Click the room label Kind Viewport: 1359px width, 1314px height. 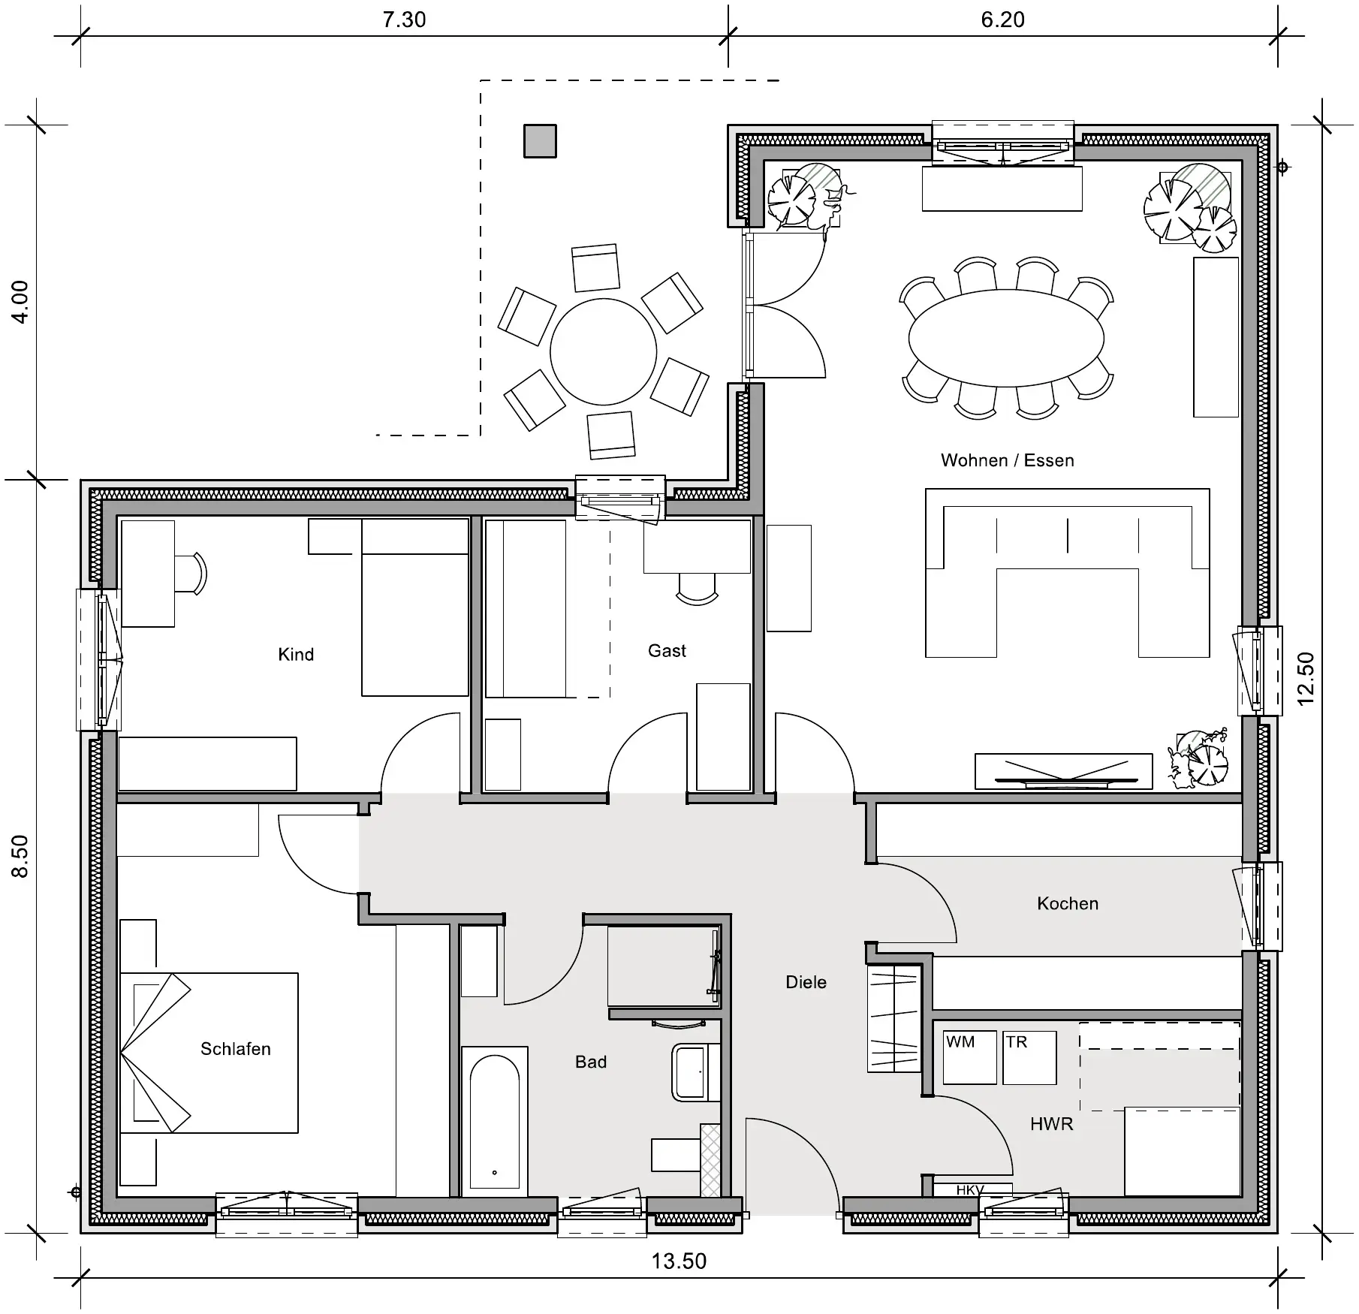pyautogui.click(x=296, y=654)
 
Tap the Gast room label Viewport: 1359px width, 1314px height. pyautogui.click(x=667, y=650)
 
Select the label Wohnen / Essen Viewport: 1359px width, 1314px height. pyautogui.click(x=1008, y=460)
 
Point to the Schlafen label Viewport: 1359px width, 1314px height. pyautogui.click(x=235, y=1048)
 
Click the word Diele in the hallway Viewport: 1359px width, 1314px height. pyautogui.click(x=806, y=981)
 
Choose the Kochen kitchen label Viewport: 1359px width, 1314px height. pyautogui.click(x=1068, y=903)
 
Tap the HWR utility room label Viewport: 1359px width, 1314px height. pyautogui.click(x=1051, y=1124)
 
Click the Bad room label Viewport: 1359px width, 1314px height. pyautogui.click(x=591, y=1062)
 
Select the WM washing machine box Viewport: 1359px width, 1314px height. pyautogui.click(x=970, y=1057)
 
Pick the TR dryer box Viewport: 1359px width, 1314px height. pyautogui.click(x=1029, y=1057)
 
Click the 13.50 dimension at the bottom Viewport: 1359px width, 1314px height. pyautogui.click(x=679, y=1261)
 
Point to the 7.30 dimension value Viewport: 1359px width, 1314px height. pyautogui.click(x=404, y=20)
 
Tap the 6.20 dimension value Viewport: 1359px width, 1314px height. pyautogui.click(x=1002, y=20)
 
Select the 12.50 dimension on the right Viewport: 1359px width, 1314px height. pyautogui.click(x=1306, y=678)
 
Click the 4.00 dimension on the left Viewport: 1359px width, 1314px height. pyautogui.click(x=20, y=302)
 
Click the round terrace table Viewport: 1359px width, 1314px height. pyautogui.click(x=604, y=351)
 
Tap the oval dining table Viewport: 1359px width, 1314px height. pyautogui.click(x=1006, y=338)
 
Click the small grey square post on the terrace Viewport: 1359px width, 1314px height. pyautogui.click(x=540, y=141)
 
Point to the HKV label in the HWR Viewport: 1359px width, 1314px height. pyautogui.click(x=970, y=1191)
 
